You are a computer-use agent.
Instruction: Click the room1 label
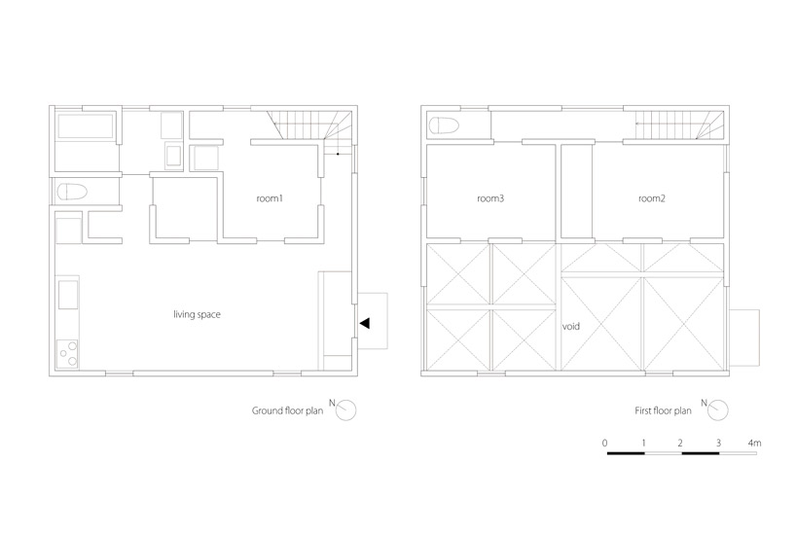pos(269,198)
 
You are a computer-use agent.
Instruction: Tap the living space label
pos(197,314)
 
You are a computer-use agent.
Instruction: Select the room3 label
pos(490,198)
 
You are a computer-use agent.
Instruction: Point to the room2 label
pos(651,198)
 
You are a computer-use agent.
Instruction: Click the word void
pos(570,327)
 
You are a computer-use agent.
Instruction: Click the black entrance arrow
pos(365,323)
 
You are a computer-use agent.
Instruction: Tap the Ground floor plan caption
pos(287,410)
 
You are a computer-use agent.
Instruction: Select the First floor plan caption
pos(663,410)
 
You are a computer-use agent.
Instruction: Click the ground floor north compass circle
pos(346,410)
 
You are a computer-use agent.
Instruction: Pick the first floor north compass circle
pos(718,410)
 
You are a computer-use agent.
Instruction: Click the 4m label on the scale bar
pos(754,443)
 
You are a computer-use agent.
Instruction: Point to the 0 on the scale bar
pos(604,443)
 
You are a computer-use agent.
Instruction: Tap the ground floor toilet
pos(72,192)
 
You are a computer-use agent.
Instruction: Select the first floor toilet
pos(444,125)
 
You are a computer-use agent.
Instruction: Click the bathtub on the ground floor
pos(86,126)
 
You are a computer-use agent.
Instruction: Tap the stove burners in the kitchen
pos(67,354)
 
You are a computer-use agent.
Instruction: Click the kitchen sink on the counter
pos(68,295)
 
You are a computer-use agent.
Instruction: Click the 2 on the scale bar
pos(680,443)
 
